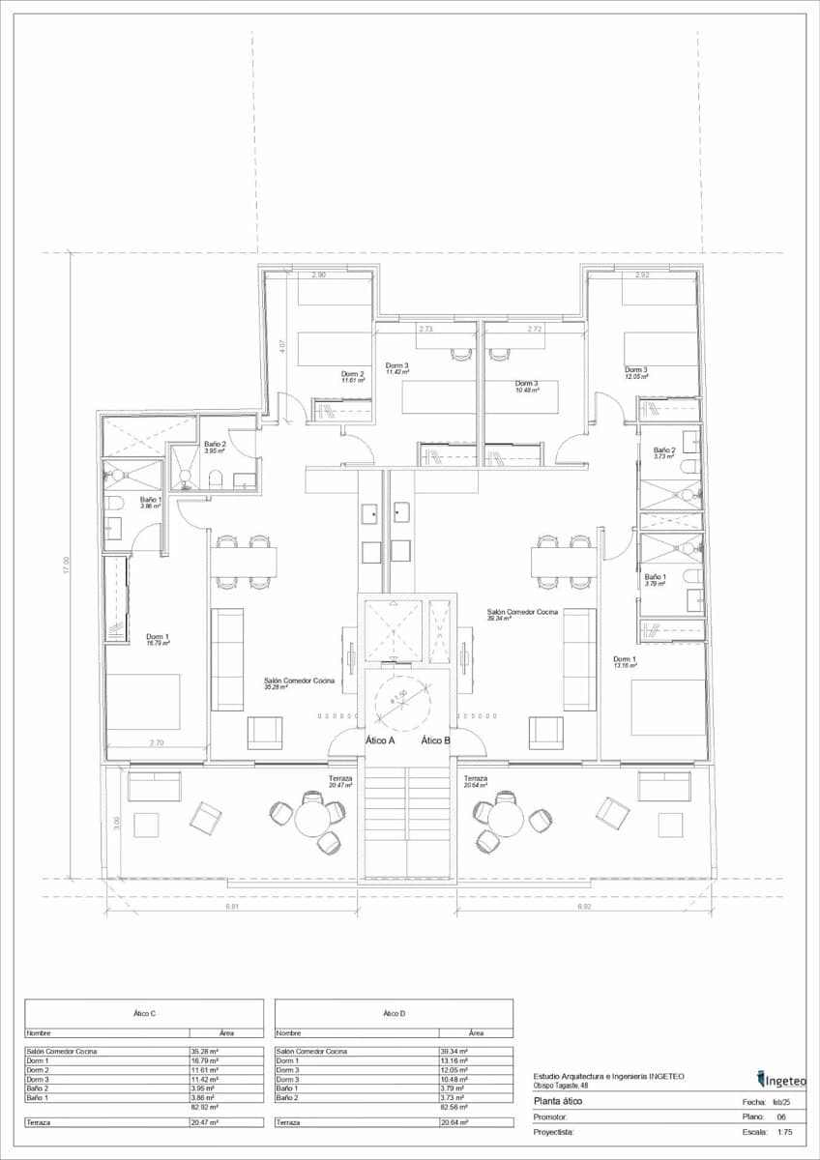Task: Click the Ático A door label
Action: click(x=380, y=740)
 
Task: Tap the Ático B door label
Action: click(x=435, y=740)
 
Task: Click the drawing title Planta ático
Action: click(x=559, y=1101)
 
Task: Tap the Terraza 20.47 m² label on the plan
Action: click(x=340, y=782)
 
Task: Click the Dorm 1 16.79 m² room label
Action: click(x=158, y=640)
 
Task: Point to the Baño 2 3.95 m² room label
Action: click(x=215, y=448)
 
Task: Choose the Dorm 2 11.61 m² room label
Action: click(x=352, y=377)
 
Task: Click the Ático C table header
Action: click(x=144, y=1013)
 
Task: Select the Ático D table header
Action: click(x=394, y=1013)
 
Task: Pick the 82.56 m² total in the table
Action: click(x=454, y=1107)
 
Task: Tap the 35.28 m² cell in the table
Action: click(x=205, y=1051)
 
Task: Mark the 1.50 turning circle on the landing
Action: click(x=397, y=699)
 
